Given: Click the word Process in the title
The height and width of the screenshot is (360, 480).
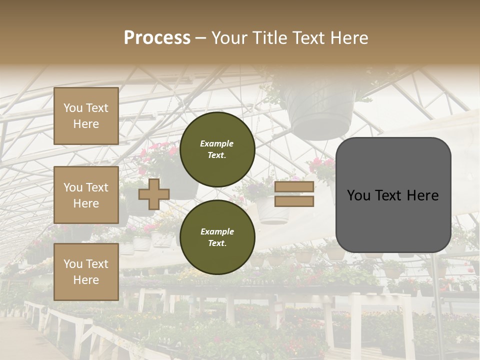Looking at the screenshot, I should click(x=157, y=38).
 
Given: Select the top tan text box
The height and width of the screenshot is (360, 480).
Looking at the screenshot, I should click(x=86, y=116).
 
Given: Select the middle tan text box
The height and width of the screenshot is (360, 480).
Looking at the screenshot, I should click(x=86, y=195).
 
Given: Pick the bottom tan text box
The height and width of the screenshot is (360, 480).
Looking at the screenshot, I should click(x=86, y=272).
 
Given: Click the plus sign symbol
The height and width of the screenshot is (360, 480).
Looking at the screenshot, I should click(x=154, y=194).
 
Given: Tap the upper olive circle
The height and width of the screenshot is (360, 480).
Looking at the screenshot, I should click(x=217, y=149).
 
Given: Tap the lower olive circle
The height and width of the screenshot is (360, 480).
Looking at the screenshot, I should click(x=217, y=237).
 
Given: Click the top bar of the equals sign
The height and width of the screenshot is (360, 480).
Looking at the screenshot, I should click(x=294, y=187).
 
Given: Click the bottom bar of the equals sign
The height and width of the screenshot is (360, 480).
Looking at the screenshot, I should click(x=294, y=201).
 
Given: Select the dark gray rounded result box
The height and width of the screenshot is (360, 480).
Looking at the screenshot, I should click(x=393, y=195).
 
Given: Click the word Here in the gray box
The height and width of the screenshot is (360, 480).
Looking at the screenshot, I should click(x=422, y=195).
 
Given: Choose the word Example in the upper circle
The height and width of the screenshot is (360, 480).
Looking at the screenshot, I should click(x=217, y=143).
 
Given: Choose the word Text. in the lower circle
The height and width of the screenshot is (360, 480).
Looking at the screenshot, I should click(x=217, y=243).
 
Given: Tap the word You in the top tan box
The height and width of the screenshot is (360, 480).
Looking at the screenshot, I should click(x=73, y=108).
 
